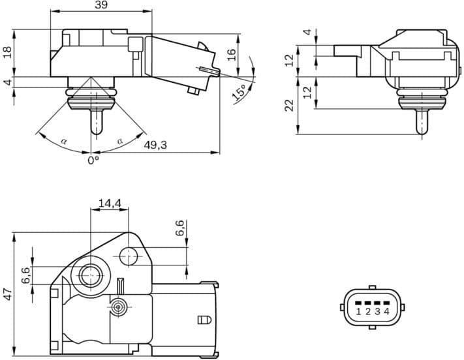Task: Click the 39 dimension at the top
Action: click(101, 6)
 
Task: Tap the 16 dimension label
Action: click(231, 55)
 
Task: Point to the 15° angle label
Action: click(240, 92)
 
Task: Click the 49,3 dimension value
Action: click(155, 145)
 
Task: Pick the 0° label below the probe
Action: click(94, 158)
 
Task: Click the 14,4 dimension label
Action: click(109, 203)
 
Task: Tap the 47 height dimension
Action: click(7, 294)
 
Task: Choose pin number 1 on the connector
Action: click(359, 312)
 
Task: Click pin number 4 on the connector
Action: click(387, 312)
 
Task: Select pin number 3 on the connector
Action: click(378, 312)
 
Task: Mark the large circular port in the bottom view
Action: click(90, 276)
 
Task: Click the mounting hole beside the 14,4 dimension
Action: click(129, 257)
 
